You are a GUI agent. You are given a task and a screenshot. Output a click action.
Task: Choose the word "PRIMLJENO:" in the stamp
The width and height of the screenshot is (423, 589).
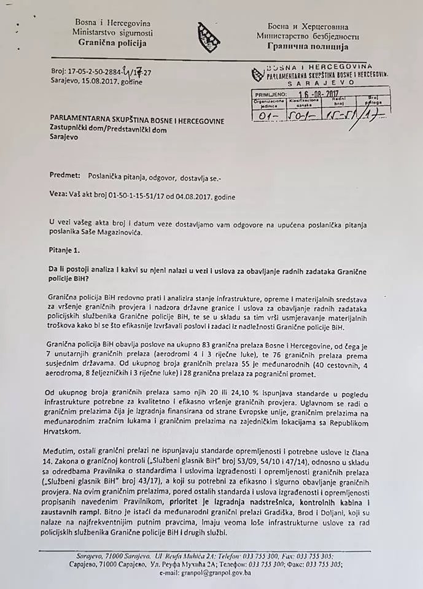click(270, 94)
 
